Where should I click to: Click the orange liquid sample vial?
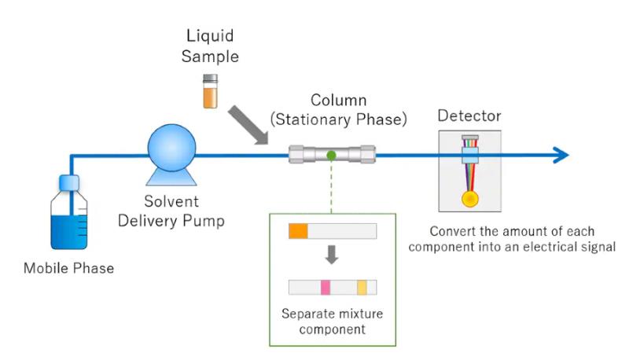click(210, 91)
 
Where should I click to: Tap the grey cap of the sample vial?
click(210, 78)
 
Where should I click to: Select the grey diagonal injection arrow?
click(248, 125)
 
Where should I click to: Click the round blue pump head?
click(171, 148)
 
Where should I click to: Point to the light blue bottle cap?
click(69, 182)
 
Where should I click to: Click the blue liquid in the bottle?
click(69, 232)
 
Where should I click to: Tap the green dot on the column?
click(331, 155)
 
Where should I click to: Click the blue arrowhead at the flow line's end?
click(561, 155)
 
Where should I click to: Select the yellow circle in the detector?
click(469, 199)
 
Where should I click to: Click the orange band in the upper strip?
click(298, 231)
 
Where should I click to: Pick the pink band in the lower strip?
click(326, 288)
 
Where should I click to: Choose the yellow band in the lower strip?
click(362, 288)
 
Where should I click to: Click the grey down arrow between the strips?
click(331, 255)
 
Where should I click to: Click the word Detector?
click(469, 116)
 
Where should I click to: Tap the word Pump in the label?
click(204, 221)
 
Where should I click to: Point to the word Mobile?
click(42, 268)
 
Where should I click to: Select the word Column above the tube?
click(339, 101)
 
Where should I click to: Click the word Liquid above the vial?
click(210, 36)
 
